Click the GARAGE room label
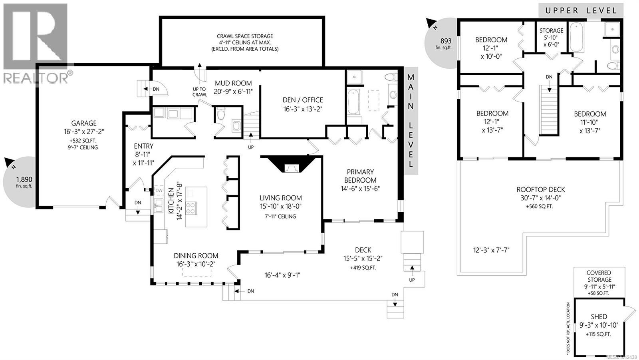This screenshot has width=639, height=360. click(x=84, y=123)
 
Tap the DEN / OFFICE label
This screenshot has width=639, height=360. click(x=303, y=100)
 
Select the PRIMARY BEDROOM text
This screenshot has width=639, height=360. click(x=360, y=176)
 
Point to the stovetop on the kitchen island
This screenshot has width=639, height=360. click(x=191, y=208)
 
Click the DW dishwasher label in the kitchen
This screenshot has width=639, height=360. click(x=159, y=191)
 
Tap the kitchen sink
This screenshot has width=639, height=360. click(x=159, y=206)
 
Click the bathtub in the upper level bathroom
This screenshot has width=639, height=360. click(x=577, y=38)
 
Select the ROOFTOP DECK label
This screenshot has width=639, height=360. click(x=541, y=189)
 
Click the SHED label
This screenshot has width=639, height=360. click(x=599, y=316)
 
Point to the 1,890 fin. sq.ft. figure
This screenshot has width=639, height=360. click(x=24, y=182)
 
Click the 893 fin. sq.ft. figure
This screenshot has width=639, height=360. click(x=444, y=44)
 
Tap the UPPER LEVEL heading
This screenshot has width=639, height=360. click(x=581, y=11)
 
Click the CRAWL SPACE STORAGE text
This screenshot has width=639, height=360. click(x=245, y=36)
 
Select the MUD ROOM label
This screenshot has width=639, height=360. click(x=233, y=83)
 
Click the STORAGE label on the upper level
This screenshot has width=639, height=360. click(x=551, y=30)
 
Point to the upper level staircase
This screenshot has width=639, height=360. click(x=549, y=109)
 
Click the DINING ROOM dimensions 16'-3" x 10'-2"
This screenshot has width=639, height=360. click(x=196, y=264)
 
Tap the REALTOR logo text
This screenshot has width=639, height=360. click(x=36, y=78)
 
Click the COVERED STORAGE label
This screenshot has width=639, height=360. click(x=599, y=276)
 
